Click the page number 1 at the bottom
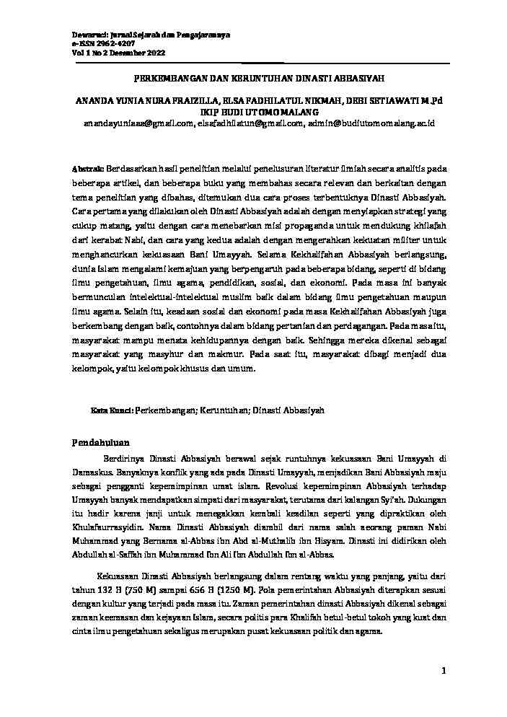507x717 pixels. pos(446,672)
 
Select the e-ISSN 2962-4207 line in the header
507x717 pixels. pos(103,43)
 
